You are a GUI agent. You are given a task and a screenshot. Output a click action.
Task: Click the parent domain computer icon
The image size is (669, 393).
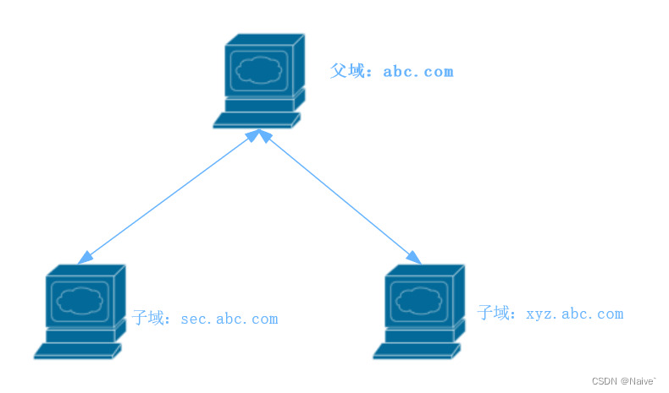258,80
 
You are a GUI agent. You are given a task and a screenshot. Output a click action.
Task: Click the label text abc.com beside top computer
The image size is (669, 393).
418,72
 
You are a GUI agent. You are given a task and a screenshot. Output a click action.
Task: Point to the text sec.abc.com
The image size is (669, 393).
229,319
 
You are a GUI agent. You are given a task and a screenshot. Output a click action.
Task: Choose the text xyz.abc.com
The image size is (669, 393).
575,314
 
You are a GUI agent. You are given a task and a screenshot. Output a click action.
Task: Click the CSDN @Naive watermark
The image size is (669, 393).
623,381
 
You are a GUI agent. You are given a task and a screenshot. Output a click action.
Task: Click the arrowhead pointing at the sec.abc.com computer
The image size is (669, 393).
84,258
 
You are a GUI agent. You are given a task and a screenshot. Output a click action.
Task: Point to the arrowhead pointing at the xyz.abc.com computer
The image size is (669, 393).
414,257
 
